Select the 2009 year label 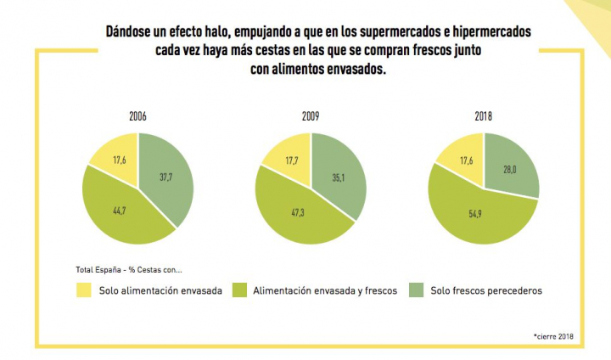point(311,116)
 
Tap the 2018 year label point(483,116)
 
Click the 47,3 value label point(298,212)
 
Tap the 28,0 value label point(510,169)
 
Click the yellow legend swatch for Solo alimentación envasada point(83,290)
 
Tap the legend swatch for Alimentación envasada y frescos point(238,290)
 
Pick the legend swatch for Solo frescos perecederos point(416,290)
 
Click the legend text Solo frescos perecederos point(485,290)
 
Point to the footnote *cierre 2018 point(553,336)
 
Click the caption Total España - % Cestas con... point(128,270)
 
